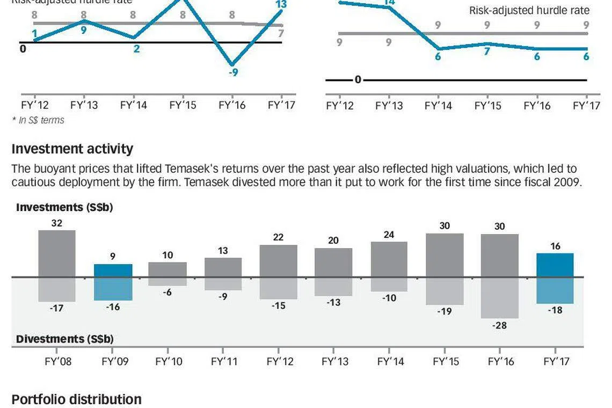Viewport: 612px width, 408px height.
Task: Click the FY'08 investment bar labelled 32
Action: point(57,253)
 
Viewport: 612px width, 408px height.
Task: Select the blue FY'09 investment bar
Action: point(113,271)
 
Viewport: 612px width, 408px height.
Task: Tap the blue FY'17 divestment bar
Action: point(555,290)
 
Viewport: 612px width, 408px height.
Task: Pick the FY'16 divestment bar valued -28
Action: point(500,298)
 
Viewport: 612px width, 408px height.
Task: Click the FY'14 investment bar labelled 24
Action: point(389,259)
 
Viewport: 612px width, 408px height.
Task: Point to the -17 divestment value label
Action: point(56,309)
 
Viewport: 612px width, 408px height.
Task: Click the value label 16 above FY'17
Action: point(556,246)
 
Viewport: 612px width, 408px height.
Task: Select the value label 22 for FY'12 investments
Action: point(278,237)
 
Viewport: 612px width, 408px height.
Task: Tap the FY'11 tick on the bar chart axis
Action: point(224,361)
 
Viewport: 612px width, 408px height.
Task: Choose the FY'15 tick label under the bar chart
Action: point(445,361)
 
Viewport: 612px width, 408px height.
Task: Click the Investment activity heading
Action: point(72,149)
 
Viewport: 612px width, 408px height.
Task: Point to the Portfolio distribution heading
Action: point(76,399)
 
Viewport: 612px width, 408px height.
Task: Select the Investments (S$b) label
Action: point(64,207)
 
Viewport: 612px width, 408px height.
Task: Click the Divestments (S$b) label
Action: point(64,339)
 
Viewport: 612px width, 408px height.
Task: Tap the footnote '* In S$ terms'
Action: point(38,120)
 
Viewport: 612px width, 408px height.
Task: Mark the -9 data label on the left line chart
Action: point(233,72)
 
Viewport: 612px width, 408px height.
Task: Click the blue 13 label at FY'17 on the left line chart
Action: point(280,5)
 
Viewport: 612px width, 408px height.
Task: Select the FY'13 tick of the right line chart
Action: point(389,105)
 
